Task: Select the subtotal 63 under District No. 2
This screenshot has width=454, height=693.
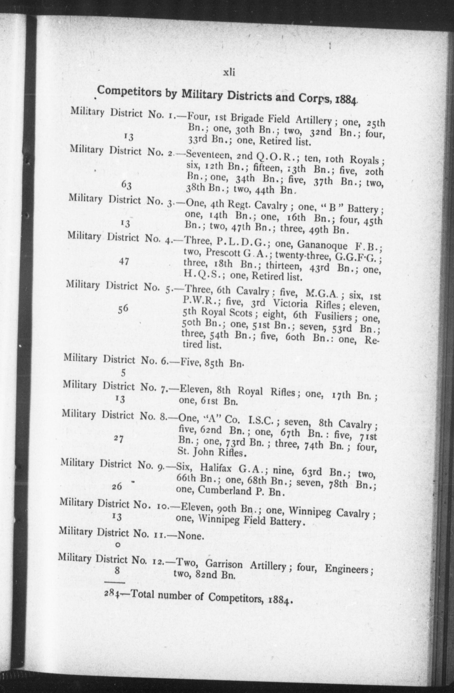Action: coord(126,185)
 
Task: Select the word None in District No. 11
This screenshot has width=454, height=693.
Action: coord(190,536)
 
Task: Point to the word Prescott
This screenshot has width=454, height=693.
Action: coord(223,253)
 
